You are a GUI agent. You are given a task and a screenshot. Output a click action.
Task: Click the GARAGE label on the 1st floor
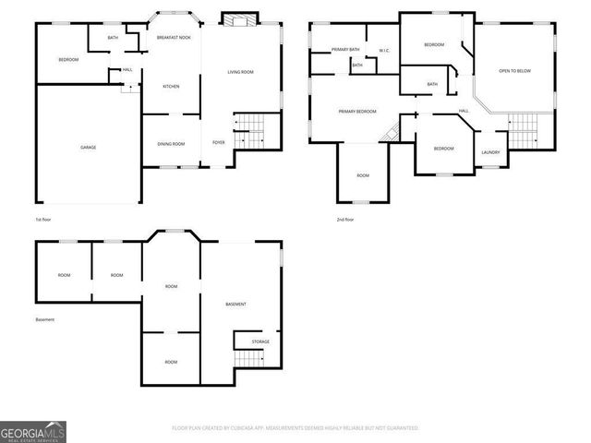[88, 148]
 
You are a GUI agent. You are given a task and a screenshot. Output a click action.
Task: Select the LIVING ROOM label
[241, 72]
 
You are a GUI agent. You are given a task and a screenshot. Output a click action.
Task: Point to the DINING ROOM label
[171, 144]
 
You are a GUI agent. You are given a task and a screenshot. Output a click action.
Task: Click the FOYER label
[219, 143]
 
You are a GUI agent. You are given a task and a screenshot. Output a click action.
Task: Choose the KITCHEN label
[171, 87]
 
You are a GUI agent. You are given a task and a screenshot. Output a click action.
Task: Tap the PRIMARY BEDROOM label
[357, 112]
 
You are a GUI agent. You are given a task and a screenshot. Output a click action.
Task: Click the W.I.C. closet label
[383, 51]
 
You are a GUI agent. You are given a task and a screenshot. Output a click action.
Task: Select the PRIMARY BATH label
[332, 49]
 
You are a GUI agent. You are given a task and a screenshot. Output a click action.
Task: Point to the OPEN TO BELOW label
[515, 71]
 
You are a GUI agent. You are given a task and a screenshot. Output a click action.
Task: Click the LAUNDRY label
[490, 152]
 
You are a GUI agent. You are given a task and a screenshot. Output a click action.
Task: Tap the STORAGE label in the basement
[260, 341]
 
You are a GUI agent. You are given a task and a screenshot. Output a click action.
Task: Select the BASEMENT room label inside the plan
[236, 305]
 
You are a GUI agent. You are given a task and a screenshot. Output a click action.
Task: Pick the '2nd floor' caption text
[346, 220]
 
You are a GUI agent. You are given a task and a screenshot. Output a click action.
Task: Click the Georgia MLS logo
[33, 432]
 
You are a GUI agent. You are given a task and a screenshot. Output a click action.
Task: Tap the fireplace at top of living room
[240, 19]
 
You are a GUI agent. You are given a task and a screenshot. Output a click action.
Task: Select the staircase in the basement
[248, 358]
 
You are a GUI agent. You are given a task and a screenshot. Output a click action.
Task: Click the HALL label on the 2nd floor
[464, 111]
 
